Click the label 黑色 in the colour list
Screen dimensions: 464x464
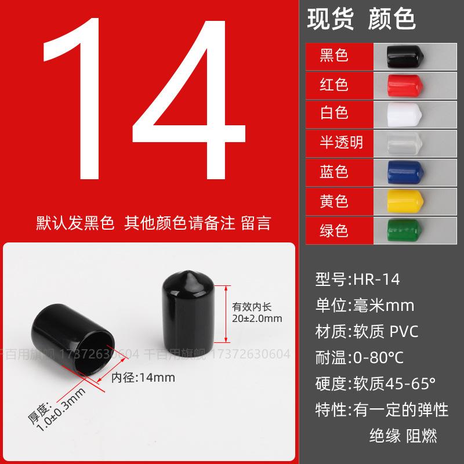click(x=334, y=56)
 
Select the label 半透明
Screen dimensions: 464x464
click(x=342, y=142)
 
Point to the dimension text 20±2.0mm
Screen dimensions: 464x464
click(x=257, y=318)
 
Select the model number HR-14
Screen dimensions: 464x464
click(x=376, y=280)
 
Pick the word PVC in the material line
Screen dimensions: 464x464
click(x=404, y=331)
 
